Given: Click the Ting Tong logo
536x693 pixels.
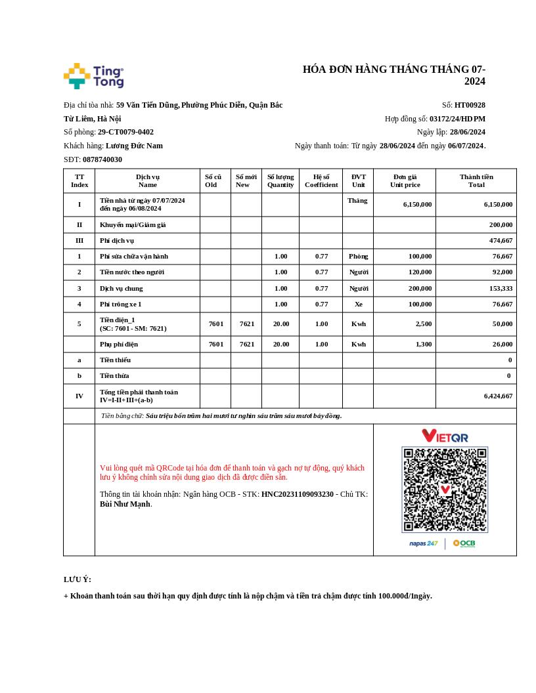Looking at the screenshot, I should point(94,76).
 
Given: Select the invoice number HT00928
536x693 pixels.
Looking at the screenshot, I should point(470,105).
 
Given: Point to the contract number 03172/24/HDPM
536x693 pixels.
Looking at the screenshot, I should point(457,119).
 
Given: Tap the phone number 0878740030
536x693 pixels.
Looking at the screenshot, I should point(102,159).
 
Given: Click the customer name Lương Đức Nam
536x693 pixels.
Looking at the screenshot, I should point(134,146).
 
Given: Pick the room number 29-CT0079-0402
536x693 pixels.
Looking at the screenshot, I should point(125,132).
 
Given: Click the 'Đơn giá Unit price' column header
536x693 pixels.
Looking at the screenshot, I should point(405,180).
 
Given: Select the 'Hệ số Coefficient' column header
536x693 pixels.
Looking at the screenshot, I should point(321,180).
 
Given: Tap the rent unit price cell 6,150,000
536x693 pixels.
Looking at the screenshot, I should point(417,204).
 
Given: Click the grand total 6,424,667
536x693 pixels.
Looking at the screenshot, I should point(499,396).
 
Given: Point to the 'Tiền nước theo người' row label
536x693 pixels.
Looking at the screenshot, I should point(132,272).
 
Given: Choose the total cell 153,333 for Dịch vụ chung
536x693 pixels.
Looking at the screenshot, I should point(499,288).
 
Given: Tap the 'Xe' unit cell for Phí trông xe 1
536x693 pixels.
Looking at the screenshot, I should point(358,304).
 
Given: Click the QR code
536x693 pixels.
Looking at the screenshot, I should point(445,490).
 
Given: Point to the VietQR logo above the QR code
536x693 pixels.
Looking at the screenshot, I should point(445,436).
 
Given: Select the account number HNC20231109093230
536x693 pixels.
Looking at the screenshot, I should point(298,494).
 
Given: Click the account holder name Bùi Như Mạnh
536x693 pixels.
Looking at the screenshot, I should point(125,504).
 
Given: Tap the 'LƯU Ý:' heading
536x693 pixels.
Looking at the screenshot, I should point(78,579).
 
